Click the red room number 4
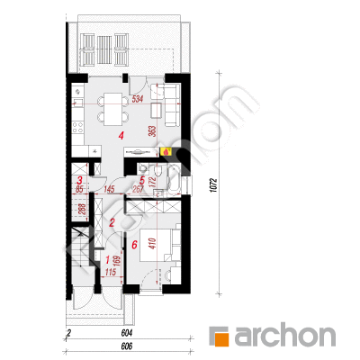(121, 137)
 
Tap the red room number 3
(80, 181)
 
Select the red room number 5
(142, 181)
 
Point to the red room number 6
(134, 245)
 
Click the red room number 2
(112, 222)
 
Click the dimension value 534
(138, 99)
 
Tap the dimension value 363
(152, 131)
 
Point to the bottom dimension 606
(127, 346)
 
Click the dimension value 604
(127, 333)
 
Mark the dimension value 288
(82, 209)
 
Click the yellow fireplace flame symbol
(166, 152)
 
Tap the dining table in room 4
(112, 109)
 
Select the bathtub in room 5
(173, 180)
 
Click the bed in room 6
(157, 245)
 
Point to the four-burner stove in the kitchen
(78, 127)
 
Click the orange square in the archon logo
(222, 338)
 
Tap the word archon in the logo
(285, 336)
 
